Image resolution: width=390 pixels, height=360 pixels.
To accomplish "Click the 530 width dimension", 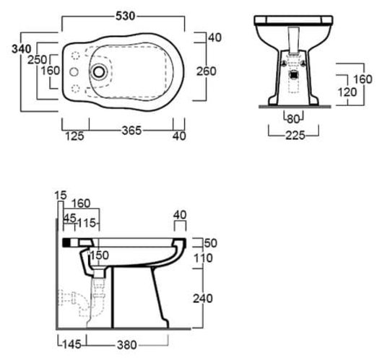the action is pos(126,16).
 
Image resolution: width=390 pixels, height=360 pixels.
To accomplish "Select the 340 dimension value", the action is pos(22,49).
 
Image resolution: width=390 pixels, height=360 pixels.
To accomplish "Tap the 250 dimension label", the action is pos(37,60).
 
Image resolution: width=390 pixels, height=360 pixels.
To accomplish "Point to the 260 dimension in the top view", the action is pos(207,71).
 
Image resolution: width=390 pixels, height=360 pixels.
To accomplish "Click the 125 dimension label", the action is pos(74,136).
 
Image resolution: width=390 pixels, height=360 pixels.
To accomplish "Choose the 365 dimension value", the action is pos(131,131).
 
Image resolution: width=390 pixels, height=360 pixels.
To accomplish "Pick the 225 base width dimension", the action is pos(295,136).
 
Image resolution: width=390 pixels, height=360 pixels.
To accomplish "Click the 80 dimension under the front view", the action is pos(293,119).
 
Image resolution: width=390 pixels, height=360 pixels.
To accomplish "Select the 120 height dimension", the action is pos(347,92).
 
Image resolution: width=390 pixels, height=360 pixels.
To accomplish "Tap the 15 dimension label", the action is pos(61,196).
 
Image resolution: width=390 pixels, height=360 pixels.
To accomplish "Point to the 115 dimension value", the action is pos(87,223).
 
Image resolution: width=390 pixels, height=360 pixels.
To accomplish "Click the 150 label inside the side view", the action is pos(99,255).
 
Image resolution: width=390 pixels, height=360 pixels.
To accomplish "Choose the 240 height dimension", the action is pos(203,299).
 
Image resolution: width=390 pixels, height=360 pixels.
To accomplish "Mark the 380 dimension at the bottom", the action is pos(127,345).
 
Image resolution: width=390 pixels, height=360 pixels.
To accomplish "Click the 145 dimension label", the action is pos(72,345).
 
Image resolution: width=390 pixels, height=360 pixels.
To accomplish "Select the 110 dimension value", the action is pos(203,258).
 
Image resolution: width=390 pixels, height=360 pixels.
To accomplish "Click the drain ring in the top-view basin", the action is pos(99,72).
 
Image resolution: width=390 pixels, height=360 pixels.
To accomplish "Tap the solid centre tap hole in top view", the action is pos(74,72).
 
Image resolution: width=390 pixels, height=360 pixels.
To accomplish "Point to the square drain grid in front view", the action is pos(294,74).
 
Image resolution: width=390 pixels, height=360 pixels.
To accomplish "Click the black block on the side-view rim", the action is pos(66,242).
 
